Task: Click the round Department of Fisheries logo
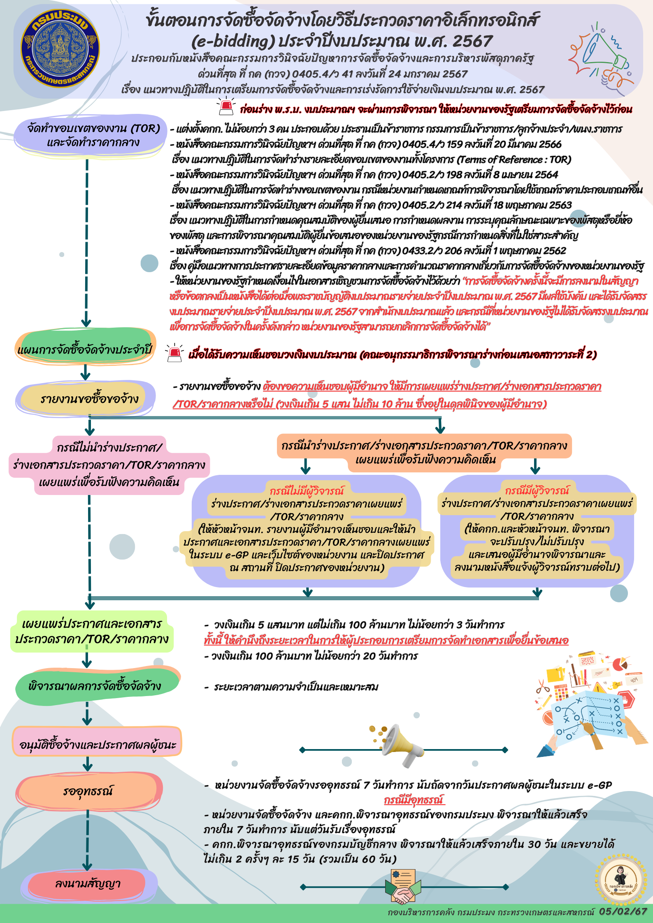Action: [60, 49]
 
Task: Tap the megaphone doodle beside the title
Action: [602, 56]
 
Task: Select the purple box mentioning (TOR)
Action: [91, 136]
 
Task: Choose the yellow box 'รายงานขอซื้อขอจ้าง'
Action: [86, 398]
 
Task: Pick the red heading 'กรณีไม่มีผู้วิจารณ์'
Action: [307, 491]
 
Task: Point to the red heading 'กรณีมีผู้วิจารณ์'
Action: [537, 490]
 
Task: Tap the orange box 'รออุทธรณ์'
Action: [89, 791]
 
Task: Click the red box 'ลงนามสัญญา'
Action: [88, 884]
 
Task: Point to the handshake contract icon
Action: [403, 887]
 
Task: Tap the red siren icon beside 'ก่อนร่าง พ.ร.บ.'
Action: [225, 106]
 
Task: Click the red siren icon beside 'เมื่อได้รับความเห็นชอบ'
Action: [174, 353]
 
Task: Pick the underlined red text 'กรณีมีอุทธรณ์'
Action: [414, 800]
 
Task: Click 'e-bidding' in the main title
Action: [233, 41]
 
